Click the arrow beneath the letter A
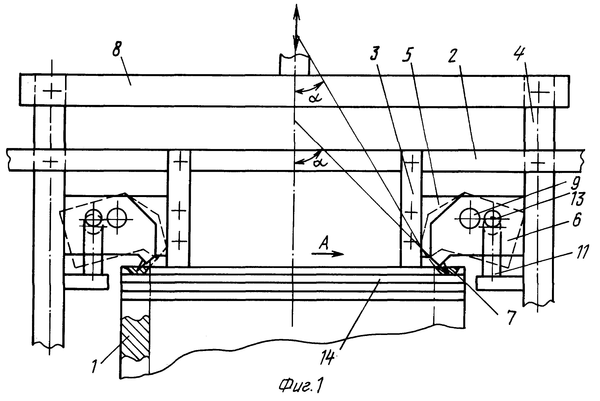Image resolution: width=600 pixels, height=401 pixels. click(327, 254)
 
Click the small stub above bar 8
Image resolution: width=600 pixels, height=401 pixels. click(295, 65)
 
